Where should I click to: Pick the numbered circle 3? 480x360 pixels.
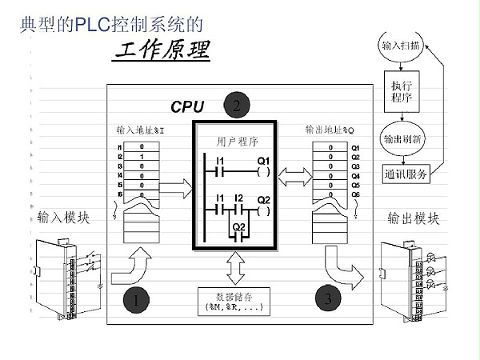328,299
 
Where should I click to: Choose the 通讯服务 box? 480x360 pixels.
406,173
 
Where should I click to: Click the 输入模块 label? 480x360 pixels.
65,218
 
